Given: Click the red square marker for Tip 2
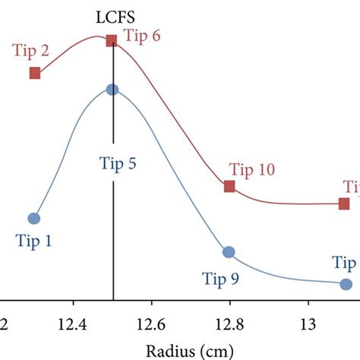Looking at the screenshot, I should tap(35, 73).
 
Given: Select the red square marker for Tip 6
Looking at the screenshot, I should tap(112, 40).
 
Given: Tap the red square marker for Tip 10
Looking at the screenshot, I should tap(229, 186).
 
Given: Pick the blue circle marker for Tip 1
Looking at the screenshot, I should tap(33, 218).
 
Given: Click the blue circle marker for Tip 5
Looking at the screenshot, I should tap(113, 90).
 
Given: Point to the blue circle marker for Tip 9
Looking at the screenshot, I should tap(229, 251).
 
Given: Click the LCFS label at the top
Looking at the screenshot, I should tap(112, 15).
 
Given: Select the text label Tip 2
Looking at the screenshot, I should tap(31, 51).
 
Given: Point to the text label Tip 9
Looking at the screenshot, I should tap(220, 279).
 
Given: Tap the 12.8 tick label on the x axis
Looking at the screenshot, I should tap(230, 325).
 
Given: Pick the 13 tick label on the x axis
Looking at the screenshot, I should tap(308, 325).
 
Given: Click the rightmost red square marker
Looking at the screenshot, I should tap(344, 203).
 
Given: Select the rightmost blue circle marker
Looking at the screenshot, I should tap(346, 284).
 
